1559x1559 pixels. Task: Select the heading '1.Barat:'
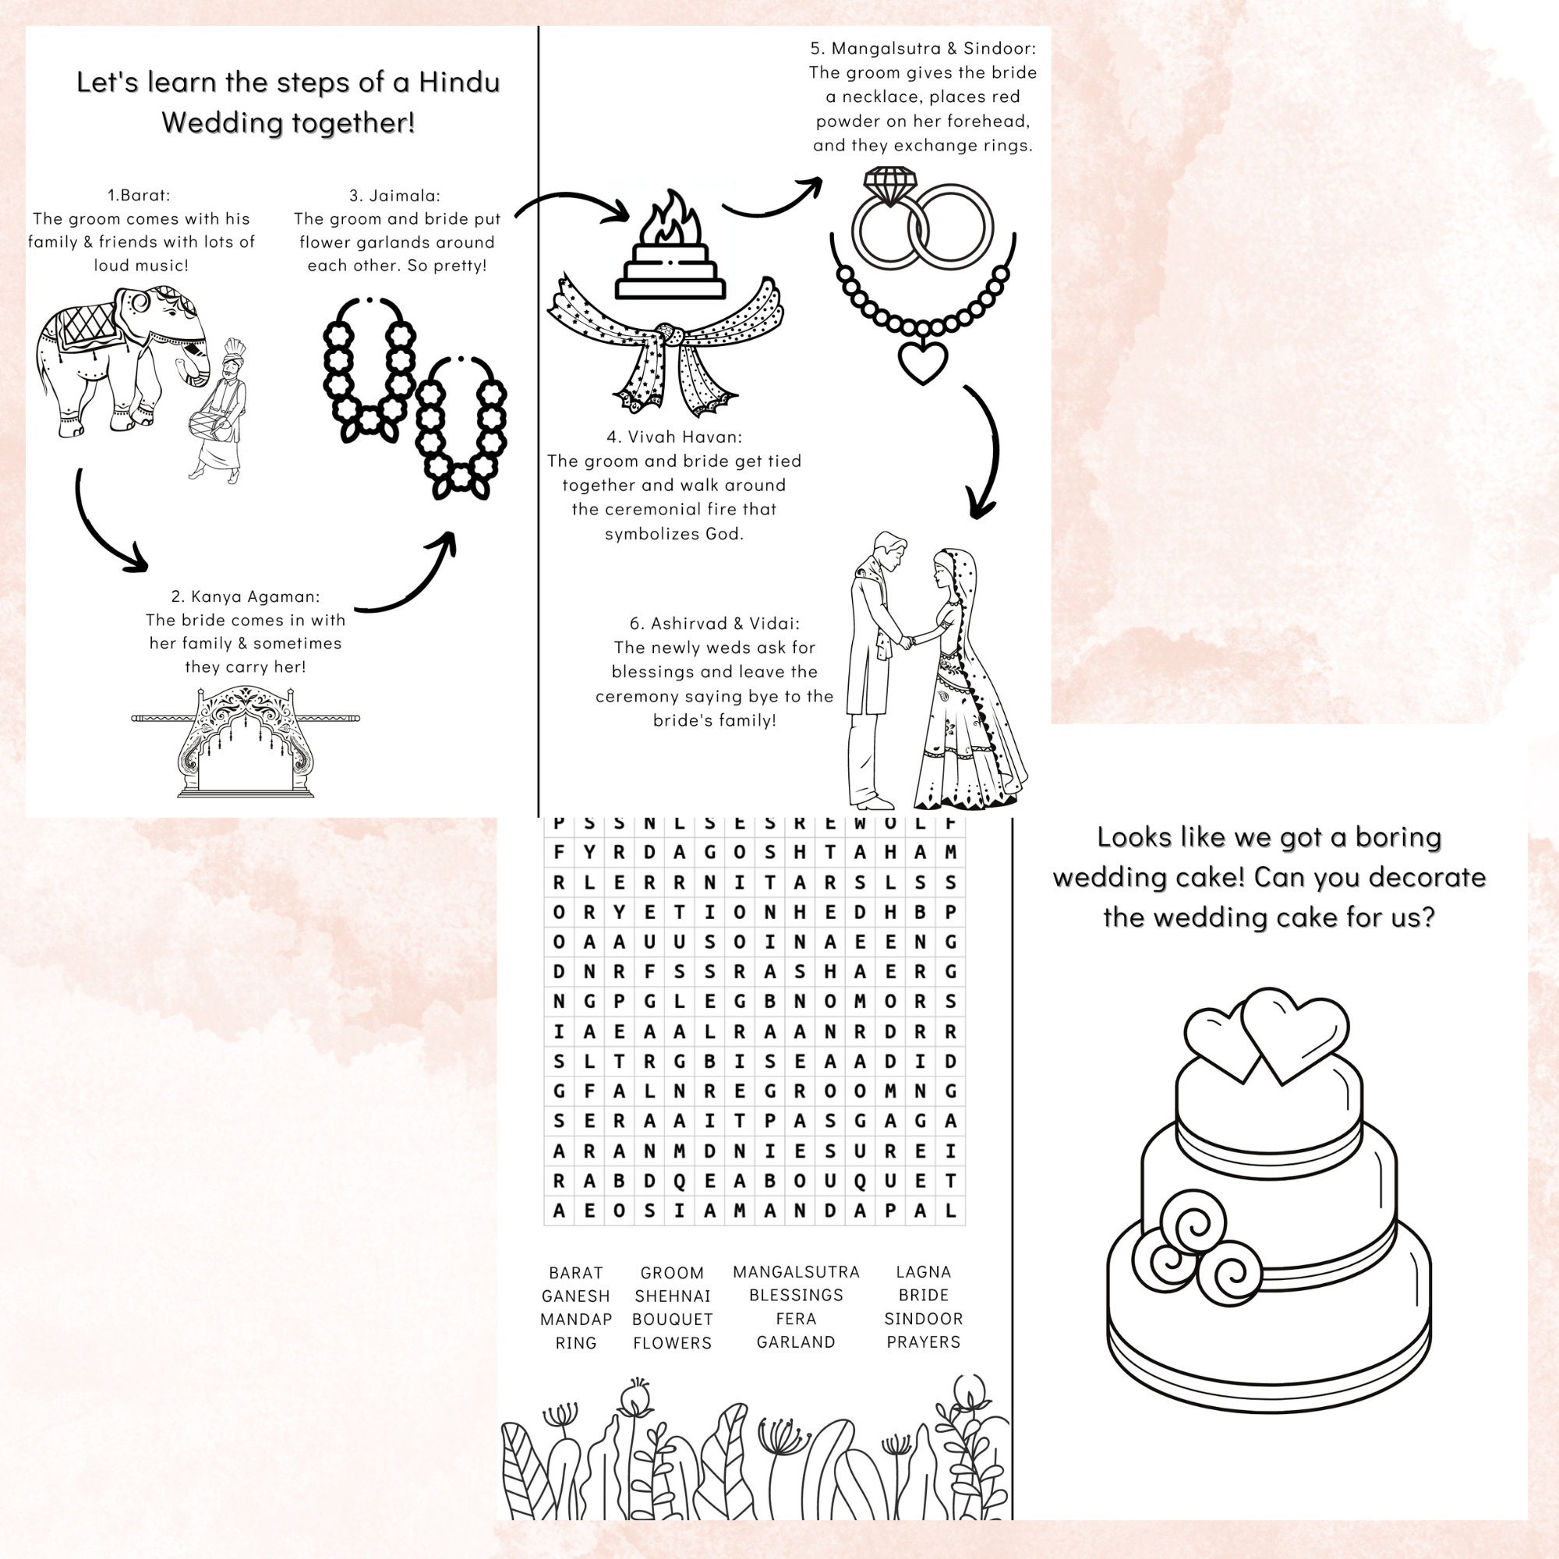click(x=140, y=194)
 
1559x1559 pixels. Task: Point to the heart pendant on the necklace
click(x=922, y=361)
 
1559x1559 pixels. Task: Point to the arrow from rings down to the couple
click(x=987, y=452)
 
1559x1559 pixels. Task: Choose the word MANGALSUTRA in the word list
click(x=796, y=1271)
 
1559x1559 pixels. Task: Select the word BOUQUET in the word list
click(x=672, y=1320)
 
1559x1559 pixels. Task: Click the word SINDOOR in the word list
click(x=923, y=1319)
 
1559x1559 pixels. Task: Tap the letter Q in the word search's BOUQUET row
click(x=859, y=1180)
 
